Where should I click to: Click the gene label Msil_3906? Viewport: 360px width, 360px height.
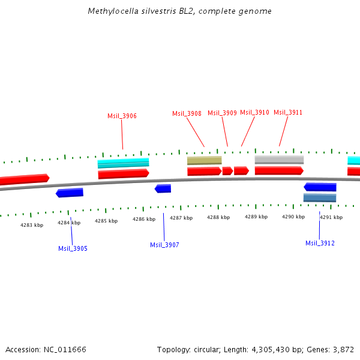coord(122,116)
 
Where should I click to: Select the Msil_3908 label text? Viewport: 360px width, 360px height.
coord(187,113)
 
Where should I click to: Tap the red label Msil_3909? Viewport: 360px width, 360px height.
coord(222,113)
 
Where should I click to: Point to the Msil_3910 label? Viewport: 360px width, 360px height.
coord(254,112)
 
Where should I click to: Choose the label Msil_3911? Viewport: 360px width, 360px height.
coord(288,112)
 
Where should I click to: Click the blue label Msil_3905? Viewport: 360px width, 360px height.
coord(73,248)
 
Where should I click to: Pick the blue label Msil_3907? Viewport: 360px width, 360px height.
coord(164,245)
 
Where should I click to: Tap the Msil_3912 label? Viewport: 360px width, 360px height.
coord(320,243)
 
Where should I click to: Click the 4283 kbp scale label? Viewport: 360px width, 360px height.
coord(32,225)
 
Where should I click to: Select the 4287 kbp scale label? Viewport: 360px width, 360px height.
coord(181,218)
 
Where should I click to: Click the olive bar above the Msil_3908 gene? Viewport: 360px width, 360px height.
coord(204,160)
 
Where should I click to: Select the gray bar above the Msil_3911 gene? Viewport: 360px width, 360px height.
coord(279,160)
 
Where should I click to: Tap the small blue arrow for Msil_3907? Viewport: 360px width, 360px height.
coord(163,188)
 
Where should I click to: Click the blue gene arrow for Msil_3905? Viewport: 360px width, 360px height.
coord(70,193)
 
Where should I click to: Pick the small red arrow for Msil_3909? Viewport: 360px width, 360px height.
coord(227,171)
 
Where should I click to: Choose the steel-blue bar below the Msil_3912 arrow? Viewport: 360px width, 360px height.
coord(319,197)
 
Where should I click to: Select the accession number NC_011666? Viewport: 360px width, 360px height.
coord(64,349)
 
